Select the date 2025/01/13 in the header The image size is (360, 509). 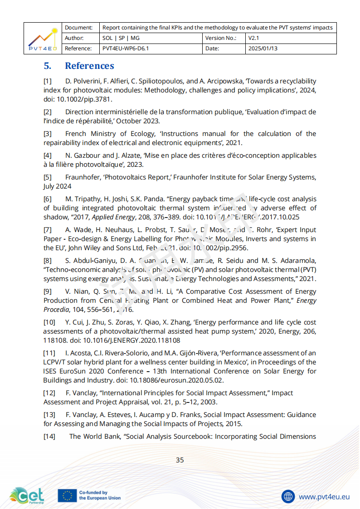[x=263, y=48]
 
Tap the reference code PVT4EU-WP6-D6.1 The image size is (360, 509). [x=126, y=48]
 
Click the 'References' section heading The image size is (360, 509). [x=89, y=66]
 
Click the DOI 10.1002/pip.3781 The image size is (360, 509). [x=84, y=99]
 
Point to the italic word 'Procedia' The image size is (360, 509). [x=56, y=310]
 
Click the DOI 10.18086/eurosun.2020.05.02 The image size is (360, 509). [x=179, y=380]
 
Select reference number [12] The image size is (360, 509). [x=49, y=393]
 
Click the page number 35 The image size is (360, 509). [x=180, y=460]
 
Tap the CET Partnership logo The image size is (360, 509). [x=27, y=495]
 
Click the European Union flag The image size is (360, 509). [x=67, y=496]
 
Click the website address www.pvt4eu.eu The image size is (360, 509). [x=324, y=496]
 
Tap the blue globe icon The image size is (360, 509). [x=288, y=496]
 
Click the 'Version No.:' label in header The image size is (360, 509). [x=221, y=38]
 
